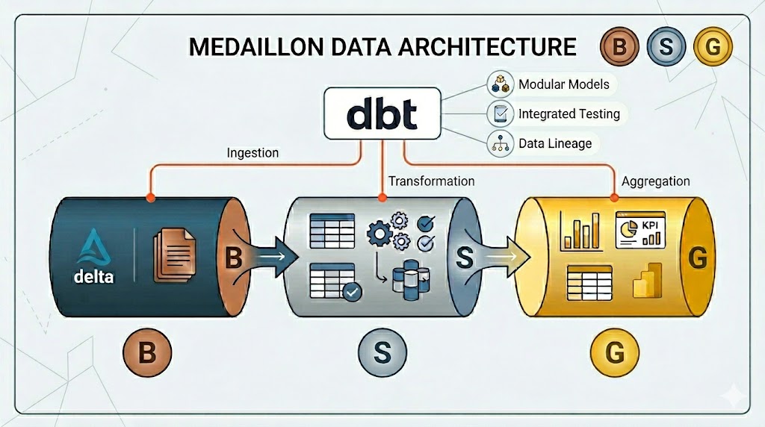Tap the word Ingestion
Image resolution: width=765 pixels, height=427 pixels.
(x=252, y=152)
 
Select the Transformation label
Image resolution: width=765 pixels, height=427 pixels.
(x=431, y=181)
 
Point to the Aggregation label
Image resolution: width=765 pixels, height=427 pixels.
(x=655, y=181)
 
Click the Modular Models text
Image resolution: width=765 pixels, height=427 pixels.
(x=563, y=84)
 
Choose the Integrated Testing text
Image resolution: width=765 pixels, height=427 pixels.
(x=569, y=114)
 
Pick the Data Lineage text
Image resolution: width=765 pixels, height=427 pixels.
(x=554, y=144)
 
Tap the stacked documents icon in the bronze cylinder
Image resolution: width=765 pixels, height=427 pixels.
(x=174, y=255)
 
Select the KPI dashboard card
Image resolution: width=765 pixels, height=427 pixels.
(x=641, y=229)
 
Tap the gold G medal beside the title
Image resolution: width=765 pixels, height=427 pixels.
(x=712, y=47)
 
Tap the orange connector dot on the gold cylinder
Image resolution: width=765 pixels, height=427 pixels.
(x=615, y=198)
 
